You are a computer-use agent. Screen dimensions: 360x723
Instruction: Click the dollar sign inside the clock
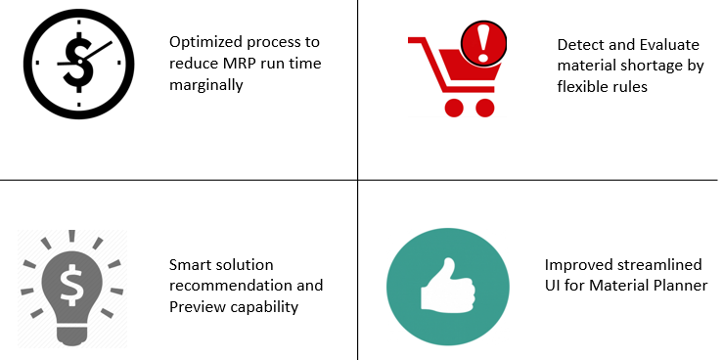(77, 60)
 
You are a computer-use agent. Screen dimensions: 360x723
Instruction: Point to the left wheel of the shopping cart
(453, 107)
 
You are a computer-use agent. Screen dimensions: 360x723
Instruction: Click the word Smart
(191, 265)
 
